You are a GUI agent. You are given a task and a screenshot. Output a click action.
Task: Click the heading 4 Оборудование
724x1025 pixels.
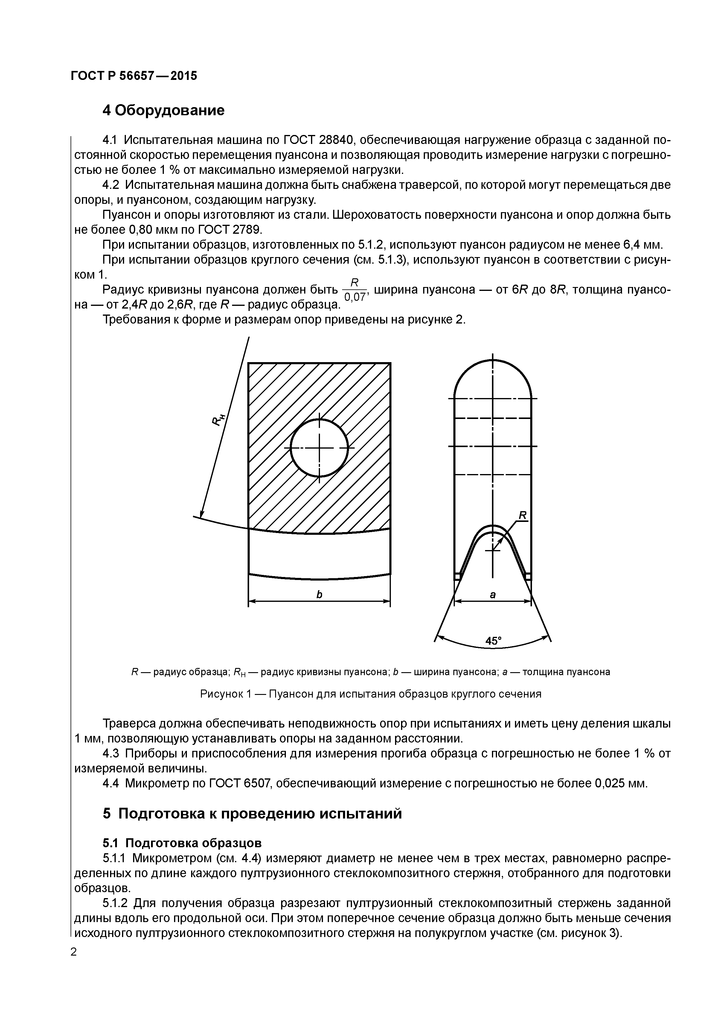(163, 110)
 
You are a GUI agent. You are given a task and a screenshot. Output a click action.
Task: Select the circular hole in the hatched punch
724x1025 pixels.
(319, 447)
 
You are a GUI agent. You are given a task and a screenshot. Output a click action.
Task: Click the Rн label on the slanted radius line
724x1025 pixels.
(218, 419)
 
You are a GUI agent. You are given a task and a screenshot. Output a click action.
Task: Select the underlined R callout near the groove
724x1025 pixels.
(523, 516)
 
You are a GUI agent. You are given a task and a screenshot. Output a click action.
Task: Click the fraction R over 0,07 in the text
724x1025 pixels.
(355, 289)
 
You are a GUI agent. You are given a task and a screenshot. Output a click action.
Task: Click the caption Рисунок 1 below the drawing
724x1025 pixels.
(370, 694)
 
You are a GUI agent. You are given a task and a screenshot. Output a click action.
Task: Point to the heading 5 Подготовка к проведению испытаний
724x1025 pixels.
(252, 813)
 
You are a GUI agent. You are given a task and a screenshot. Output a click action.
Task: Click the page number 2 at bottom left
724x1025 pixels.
(74, 952)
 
